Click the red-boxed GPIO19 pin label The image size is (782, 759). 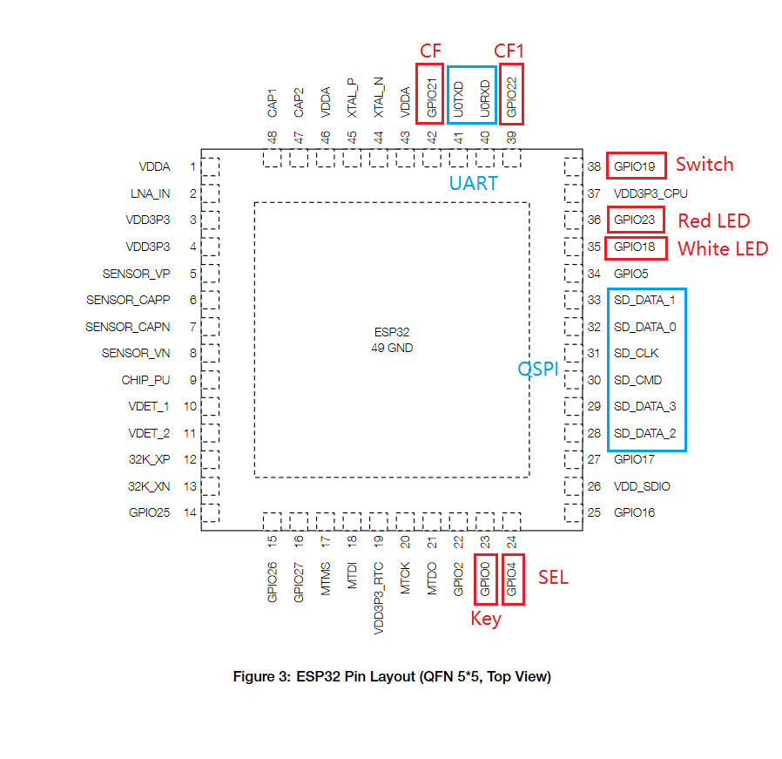(x=636, y=166)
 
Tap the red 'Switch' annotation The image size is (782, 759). (x=704, y=165)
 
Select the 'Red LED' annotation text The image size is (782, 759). (x=713, y=220)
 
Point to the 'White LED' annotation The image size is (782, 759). (x=723, y=249)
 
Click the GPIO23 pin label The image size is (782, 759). (x=636, y=220)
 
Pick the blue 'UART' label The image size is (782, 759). (x=473, y=183)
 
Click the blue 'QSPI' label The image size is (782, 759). (x=538, y=369)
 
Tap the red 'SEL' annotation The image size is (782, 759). (x=553, y=578)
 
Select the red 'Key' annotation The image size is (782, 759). (x=486, y=620)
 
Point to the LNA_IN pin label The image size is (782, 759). (x=152, y=193)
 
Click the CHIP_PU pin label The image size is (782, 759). (x=145, y=380)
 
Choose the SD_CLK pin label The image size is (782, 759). (x=636, y=354)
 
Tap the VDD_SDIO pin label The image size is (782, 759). (x=642, y=486)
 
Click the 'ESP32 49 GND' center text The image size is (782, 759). (x=392, y=340)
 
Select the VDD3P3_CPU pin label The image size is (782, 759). (x=649, y=193)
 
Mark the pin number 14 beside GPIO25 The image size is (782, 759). (x=190, y=512)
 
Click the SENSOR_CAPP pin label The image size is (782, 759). (x=128, y=300)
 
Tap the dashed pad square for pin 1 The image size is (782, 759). (x=210, y=166)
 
